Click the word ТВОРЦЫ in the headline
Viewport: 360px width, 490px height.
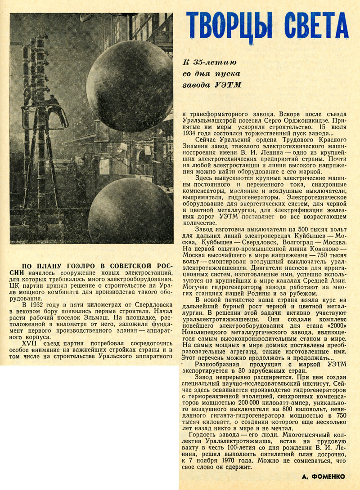click(x=229, y=26)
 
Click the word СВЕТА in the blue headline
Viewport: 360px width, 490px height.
click(x=316, y=26)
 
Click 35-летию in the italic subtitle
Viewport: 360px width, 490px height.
click(x=215, y=62)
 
